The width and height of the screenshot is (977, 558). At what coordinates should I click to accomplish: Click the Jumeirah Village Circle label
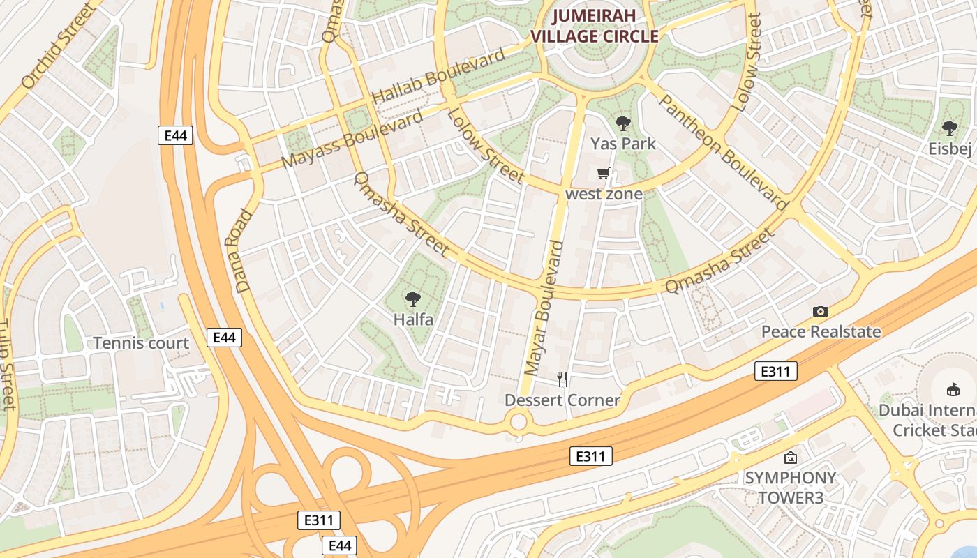595,27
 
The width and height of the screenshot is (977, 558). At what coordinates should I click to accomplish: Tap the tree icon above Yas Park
623,124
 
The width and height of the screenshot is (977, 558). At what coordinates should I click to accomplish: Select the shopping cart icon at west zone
603,173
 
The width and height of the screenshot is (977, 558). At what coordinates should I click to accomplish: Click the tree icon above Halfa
413,300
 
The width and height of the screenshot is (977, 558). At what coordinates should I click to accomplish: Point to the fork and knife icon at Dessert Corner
562,379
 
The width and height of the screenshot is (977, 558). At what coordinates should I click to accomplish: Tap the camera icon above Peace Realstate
821,312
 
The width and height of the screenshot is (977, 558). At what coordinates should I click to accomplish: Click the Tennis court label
141,343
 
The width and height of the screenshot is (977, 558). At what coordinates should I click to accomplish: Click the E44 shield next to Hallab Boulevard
175,135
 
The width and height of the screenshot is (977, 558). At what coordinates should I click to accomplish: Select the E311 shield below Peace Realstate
775,371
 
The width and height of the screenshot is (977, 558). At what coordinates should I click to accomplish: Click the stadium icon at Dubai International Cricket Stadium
953,389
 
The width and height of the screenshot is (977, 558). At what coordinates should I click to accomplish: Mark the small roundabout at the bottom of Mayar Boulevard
518,421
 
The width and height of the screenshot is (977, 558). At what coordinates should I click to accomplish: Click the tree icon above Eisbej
949,128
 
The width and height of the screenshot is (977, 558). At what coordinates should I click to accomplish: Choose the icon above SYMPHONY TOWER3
790,458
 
